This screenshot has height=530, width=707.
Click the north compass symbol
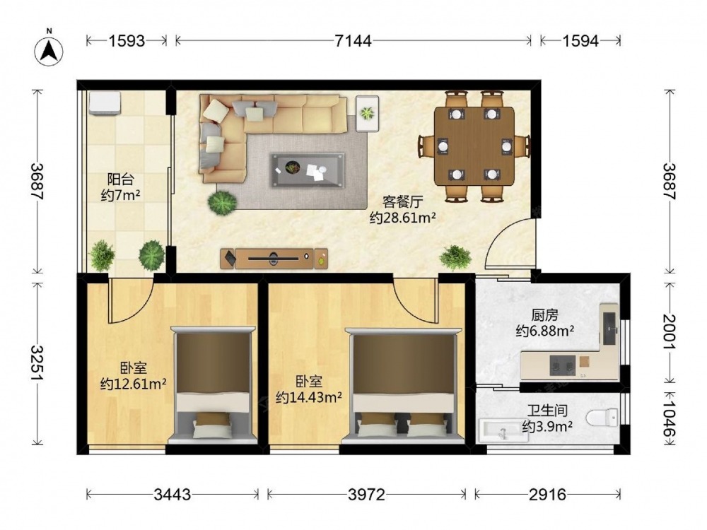[x=49, y=49]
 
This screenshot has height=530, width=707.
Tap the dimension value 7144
[x=353, y=41]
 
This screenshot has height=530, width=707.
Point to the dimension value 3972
[x=366, y=495]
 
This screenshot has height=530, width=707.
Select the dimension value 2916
[x=547, y=495]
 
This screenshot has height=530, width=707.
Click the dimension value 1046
[x=670, y=418]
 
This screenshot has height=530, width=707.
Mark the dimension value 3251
[x=37, y=363]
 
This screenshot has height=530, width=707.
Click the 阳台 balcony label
[x=121, y=179]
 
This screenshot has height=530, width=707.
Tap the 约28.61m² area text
[x=403, y=218]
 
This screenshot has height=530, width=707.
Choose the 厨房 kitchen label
[x=544, y=315]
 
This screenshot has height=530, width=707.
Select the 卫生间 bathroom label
[x=547, y=411]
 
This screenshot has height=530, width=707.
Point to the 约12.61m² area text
[x=134, y=384]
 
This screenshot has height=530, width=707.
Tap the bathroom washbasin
[x=503, y=430]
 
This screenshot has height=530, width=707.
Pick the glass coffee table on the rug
[x=308, y=170]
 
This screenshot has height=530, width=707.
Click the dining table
[x=474, y=146]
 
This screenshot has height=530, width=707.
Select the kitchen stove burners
[x=563, y=365]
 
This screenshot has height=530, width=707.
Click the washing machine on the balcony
[x=105, y=103]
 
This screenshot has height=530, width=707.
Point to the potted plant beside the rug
[x=223, y=204]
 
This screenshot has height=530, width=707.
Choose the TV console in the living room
[x=274, y=259]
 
